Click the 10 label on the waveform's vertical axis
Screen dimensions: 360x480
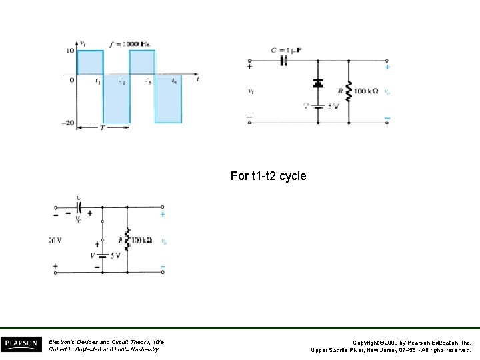point(69,51)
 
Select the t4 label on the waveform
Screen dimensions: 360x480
point(175,81)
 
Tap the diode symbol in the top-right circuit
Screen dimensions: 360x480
point(318,84)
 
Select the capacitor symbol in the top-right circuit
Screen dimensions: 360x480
point(283,61)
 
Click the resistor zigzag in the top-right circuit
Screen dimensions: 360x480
point(349,89)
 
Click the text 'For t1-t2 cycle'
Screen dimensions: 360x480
point(268,176)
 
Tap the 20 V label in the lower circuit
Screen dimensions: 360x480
point(55,241)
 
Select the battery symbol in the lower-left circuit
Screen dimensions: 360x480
point(102,256)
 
